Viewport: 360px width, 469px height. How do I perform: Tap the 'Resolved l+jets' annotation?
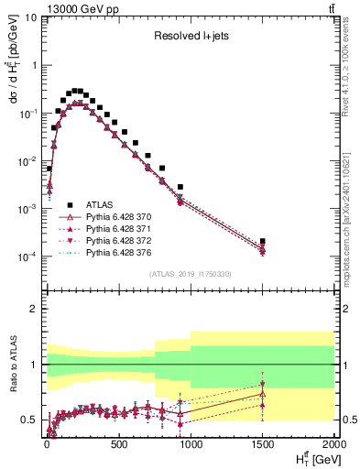pyautogui.click(x=190, y=36)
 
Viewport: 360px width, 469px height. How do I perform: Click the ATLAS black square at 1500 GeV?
pyautogui.click(x=263, y=241)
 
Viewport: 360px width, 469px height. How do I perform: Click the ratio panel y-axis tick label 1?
pyautogui.click(x=33, y=365)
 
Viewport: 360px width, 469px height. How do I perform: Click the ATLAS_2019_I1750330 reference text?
pyautogui.click(x=189, y=274)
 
